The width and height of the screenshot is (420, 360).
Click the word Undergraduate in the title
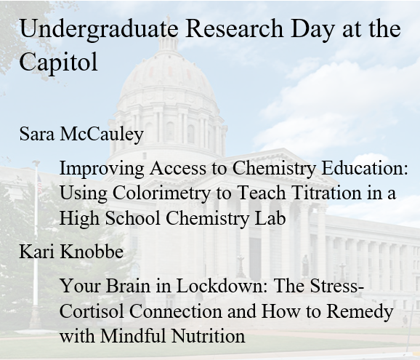[x=99, y=30]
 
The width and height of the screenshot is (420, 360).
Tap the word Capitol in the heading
[x=58, y=63]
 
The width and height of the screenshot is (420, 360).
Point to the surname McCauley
[x=102, y=134]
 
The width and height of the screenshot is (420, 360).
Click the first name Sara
[x=37, y=134]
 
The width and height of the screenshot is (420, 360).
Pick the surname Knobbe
[x=92, y=252]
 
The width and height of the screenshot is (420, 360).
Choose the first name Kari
[x=36, y=252]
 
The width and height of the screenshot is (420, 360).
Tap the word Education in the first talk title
[x=365, y=168]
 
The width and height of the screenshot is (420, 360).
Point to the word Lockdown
[x=222, y=286]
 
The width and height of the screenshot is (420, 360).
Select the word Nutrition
[x=208, y=335]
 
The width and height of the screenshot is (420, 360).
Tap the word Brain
[x=128, y=286]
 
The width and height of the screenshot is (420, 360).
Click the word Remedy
[x=360, y=312]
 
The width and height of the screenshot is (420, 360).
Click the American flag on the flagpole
[x=39, y=183]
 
